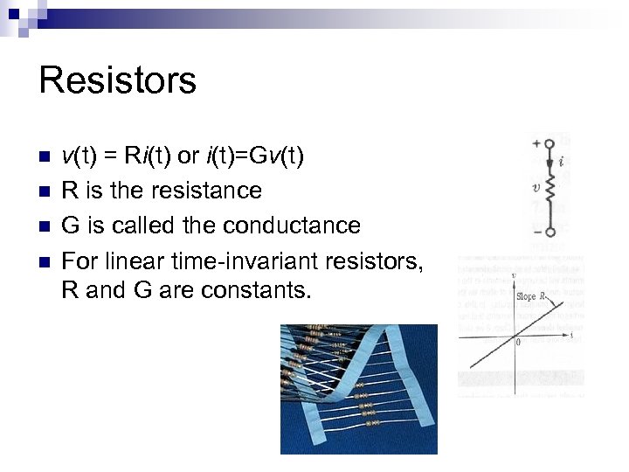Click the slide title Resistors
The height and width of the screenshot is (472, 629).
pos(118,80)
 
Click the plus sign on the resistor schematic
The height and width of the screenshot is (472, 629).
pos(534,143)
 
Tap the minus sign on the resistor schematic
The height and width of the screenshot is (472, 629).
pos(534,232)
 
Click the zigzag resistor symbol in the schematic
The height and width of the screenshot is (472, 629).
pos(550,187)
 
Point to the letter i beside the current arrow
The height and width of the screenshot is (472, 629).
pos(564,162)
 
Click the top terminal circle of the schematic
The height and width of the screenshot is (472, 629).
pos(550,143)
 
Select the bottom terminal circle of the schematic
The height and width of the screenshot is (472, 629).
pos(550,232)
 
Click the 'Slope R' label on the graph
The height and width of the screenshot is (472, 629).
pos(530,296)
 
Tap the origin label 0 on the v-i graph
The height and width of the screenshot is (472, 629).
pos(518,343)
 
